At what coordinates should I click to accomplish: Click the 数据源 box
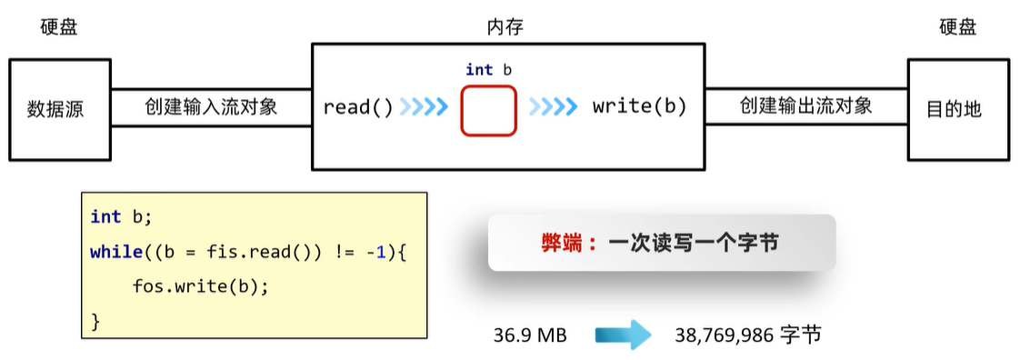(x=59, y=110)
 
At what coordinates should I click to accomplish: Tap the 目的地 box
(x=957, y=110)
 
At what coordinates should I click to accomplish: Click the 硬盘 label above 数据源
(x=59, y=27)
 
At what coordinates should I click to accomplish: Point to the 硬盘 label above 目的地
(x=957, y=27)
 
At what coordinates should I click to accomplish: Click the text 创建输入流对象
(x=211, y=107)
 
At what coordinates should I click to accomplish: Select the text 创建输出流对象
(x=806, y=106)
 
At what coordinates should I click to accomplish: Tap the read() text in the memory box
(x=358, y=107)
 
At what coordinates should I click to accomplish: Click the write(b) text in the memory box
(x=639, y=107)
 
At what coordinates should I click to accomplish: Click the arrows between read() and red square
(x=425, y=107)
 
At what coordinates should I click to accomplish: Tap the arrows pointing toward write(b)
(x=553, y=107)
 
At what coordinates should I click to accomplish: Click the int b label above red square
(x=489, y=70)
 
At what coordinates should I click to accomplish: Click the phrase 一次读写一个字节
(x=694, y=243)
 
